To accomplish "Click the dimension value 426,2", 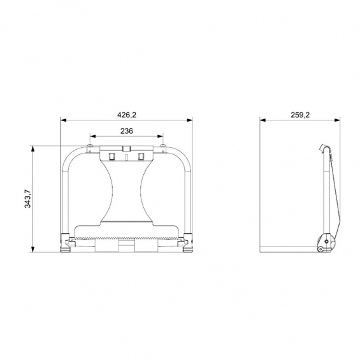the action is (x=127, y=115).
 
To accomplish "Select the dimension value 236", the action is (x=127, y=131).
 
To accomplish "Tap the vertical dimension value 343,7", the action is (x=27, y=199).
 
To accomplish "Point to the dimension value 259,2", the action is (x=300, y=115).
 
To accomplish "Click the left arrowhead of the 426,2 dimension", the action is (x=63, y=120).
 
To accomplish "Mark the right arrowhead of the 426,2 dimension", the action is (x=190, y=120).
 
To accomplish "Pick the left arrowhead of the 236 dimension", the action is (x=93, y=136).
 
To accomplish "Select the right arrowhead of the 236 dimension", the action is (x=161, y=136).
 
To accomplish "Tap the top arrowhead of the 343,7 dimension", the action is (x=33, y=148).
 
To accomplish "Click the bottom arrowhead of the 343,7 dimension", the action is (x=33, y=249).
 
